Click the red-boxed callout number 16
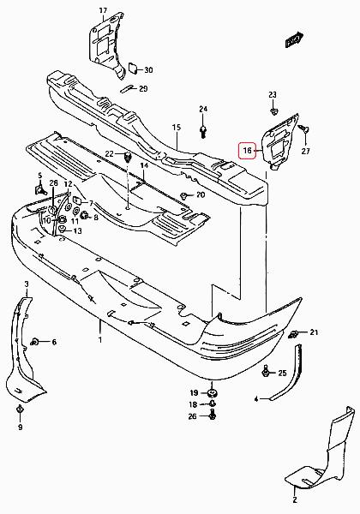pos(247,151)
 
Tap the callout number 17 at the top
pos(103,10)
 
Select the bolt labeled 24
pos(203,131)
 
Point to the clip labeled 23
pos(273,111)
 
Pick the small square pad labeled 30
pos(133,68)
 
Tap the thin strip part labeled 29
pos(129,88)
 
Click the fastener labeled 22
pos(128,157)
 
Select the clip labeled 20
pos(184,195)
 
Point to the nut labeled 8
pos(86,215)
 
